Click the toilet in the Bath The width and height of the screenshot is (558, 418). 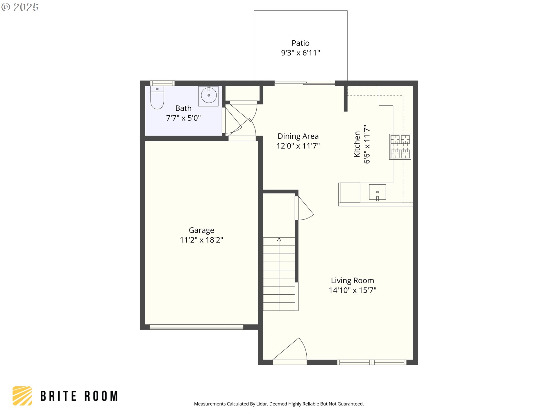coord(157,98)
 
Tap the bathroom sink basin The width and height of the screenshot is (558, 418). coord(209,95)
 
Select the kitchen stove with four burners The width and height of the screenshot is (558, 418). coord(400,147)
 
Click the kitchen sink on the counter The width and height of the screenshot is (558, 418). coord(377,192)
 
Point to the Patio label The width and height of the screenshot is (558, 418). coord(301,43)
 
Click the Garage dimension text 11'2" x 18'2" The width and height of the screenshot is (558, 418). coord(201,240)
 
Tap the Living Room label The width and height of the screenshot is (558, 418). coord(352,280)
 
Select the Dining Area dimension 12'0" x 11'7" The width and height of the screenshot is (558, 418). coord(298,146)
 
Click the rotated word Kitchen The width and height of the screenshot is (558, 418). coord(357,144)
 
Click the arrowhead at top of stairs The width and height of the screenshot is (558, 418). coord(279,239)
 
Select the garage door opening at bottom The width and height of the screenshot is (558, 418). coord(196,327)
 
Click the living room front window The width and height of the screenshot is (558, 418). coord(372,362)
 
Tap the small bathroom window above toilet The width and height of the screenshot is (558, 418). coord(162,83)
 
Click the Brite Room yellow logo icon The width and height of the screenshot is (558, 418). coord(22,396)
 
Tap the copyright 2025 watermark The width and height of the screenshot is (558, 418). coord(20,7)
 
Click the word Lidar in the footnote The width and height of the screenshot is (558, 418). coord(262,404)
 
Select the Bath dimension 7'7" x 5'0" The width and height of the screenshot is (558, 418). coord(183,118)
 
